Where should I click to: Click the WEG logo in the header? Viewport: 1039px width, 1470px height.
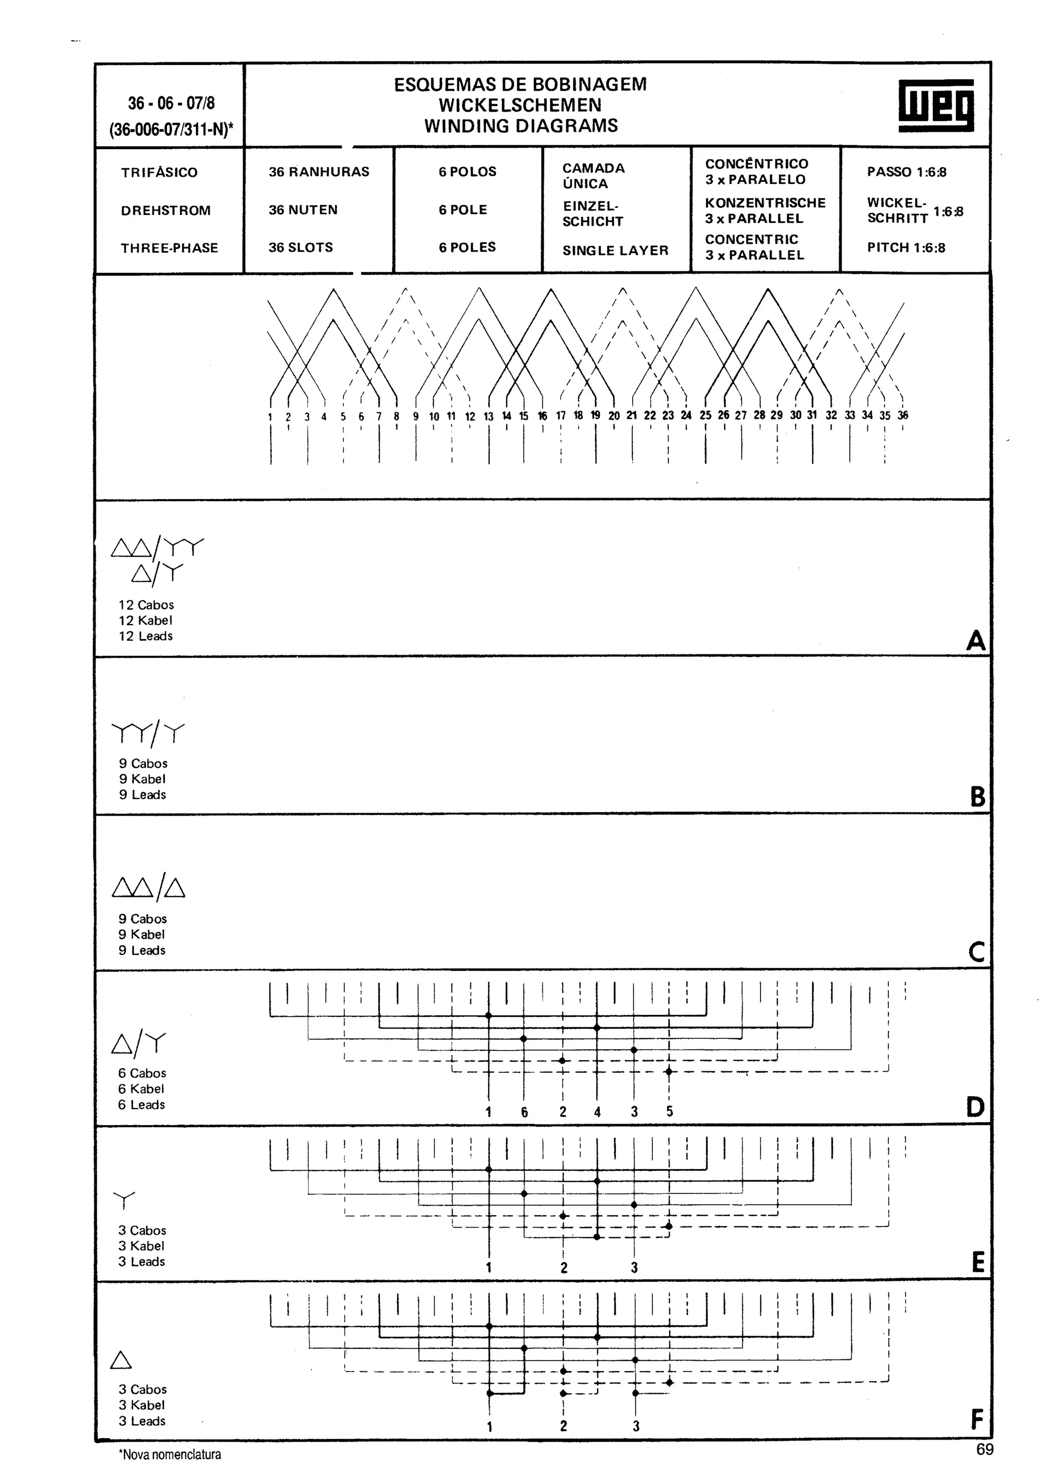(x=936, y=106)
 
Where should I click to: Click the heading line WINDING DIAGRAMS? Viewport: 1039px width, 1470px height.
(x=521, y=125)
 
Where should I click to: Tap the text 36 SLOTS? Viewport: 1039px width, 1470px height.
(x=300, y=248)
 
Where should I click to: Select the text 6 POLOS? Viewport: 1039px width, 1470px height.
(x=467, y=171)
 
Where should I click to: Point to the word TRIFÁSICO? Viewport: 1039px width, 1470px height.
(x=159, y=172)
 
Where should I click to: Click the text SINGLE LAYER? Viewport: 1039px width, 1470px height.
(x=615, y=251)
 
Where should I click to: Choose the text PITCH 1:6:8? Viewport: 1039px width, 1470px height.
(x=906, y=248)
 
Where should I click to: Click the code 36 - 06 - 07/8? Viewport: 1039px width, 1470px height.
(x=171, y=103)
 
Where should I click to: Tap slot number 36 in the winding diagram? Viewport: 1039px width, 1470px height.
(x=903, y=415)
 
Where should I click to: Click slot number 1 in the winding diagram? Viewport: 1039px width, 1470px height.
(x=270, y=417)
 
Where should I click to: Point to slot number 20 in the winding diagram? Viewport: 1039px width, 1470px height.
(x=614, y=415)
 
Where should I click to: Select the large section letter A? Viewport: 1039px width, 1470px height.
(x=976, y=640)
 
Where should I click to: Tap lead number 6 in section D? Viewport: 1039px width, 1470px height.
(x=524, y=1112)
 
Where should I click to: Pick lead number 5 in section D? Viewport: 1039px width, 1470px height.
(x=670, y=1111)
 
